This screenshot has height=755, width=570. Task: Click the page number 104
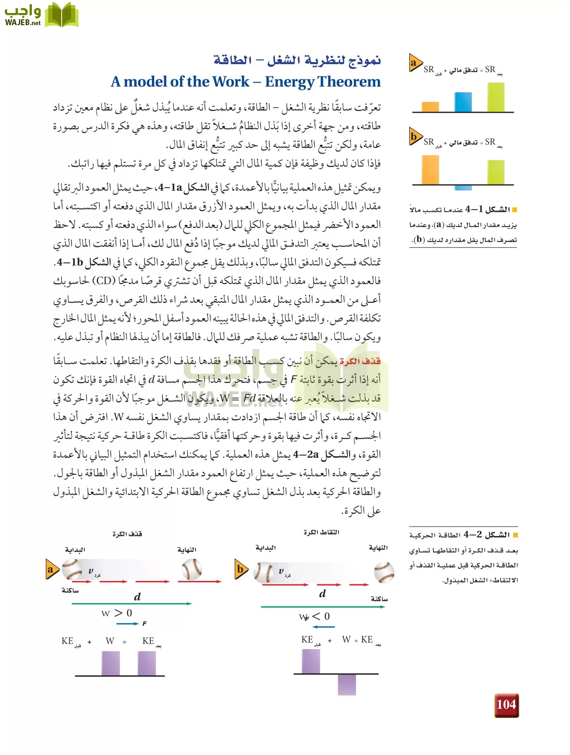click(x=506, y=705)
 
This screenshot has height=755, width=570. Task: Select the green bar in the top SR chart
click(x=496, y=97)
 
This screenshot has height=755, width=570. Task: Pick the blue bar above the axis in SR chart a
click(x=463, y=102)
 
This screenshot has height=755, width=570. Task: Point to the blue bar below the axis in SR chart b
click(x=463, y=187)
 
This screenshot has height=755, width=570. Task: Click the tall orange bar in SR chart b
click(x=430, y=170)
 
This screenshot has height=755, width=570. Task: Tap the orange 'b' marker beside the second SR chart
click(x=415, y=137)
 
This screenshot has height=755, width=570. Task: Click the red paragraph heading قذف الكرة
click(x=360, y=361)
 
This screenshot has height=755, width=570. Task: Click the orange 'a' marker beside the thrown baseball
click(x=51, y=569)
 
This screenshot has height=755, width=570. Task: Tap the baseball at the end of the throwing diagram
click(x=192, y=570)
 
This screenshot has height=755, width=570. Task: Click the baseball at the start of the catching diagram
click(x=264, y=572)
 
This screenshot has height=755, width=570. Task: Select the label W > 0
click(x=117, y=613)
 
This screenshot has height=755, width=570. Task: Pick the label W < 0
click(x=315, y=617)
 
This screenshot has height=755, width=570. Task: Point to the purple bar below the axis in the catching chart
click(x=347, y=684)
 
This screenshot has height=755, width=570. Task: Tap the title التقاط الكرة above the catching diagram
click(x=321, y=532)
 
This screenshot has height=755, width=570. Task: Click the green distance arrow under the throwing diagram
click(x=131, y=604)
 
